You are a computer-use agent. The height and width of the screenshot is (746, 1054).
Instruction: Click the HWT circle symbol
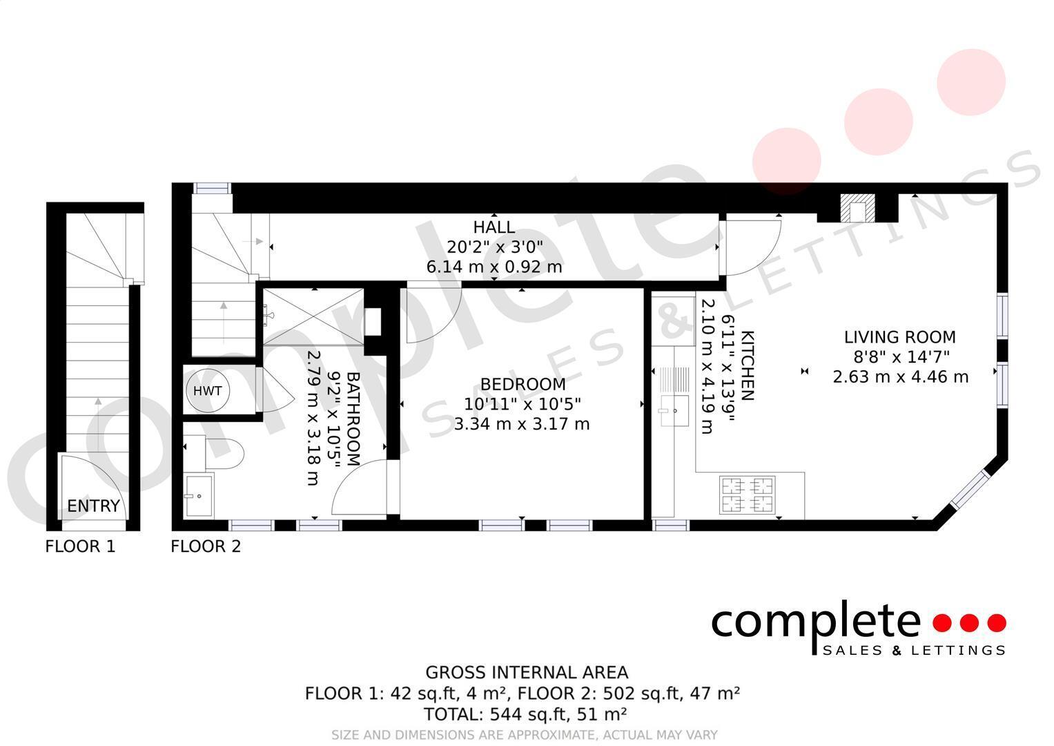pos(208,391)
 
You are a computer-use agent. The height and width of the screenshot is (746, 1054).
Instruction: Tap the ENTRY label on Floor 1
pos(94,506)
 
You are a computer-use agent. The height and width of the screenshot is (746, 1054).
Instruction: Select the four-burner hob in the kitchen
pos(748,495)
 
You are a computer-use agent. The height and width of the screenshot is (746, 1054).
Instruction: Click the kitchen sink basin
pos(675,411)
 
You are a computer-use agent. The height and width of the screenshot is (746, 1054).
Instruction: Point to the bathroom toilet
pos(224,454)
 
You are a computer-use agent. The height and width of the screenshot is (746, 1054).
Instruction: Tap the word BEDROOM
pos(523,384)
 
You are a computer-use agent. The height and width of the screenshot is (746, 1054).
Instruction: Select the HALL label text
pos(494,227)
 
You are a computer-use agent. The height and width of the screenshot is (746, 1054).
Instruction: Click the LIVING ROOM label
pos(900,337)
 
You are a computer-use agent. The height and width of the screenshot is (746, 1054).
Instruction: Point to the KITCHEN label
pos(748,365)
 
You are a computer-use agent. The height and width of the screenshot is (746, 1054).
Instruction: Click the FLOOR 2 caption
pos(206,546)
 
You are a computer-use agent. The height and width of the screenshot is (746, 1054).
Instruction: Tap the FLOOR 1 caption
pos(81,546)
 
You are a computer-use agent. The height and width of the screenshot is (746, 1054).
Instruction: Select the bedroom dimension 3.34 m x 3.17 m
pos(522,424)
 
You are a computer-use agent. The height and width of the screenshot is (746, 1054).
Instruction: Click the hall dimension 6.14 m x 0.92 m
pos(494,267)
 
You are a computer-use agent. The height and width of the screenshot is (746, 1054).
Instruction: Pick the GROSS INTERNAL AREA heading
pos(527,673)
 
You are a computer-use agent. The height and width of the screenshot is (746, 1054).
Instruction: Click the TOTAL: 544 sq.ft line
pos(525,714)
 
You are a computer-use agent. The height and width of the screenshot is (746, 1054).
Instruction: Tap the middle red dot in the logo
pos(969,623)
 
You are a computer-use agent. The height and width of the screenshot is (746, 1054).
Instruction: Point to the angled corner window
pos(970,489)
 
